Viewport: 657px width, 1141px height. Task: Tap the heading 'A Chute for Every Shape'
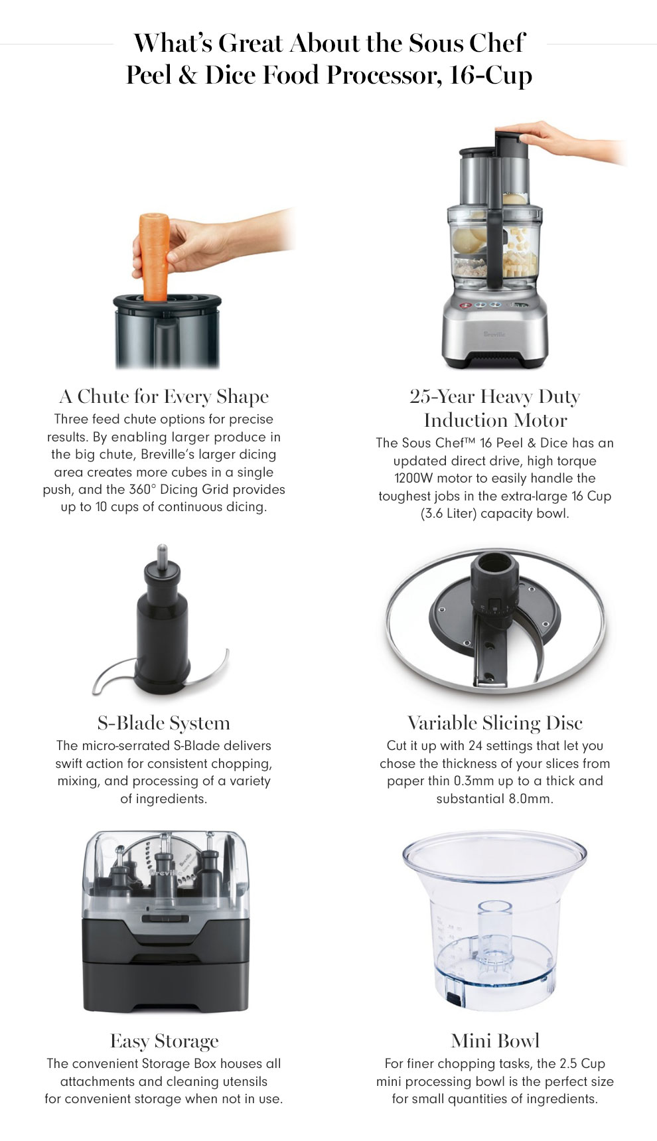[164, 396]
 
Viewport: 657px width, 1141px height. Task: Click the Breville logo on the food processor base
[494, 335]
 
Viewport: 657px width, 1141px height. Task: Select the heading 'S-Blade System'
[164, 723]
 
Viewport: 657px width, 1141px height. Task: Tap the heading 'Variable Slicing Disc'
[495, 723]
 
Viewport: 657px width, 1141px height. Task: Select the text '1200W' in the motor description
[412, 479]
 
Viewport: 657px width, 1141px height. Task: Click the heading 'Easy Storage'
[164, 1041]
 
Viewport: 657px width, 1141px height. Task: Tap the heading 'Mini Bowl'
[495, 1041]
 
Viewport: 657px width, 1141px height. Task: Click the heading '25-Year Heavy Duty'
[495, 396]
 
